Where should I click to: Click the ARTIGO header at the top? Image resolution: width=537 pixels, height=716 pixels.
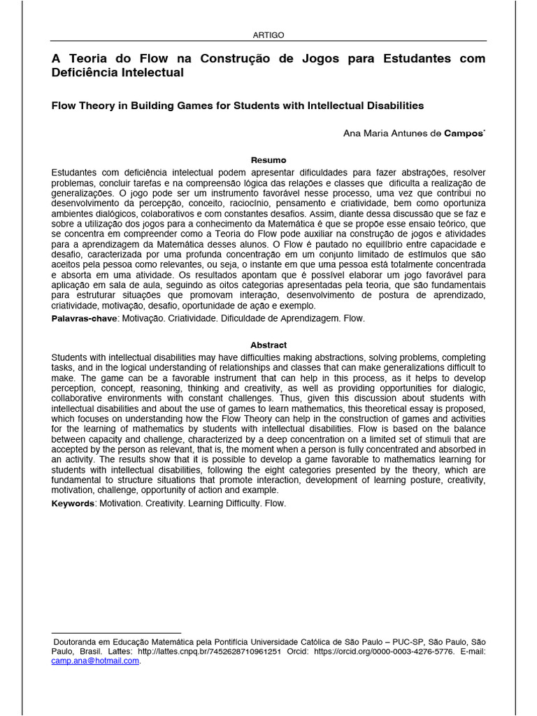coord(268,35)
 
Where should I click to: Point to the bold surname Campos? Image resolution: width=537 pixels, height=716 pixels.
coord(464,133)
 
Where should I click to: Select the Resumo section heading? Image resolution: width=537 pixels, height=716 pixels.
coord(268,160)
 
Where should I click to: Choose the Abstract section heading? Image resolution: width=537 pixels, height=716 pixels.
coord(268,345)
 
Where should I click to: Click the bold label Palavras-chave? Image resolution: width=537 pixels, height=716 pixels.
coord(84,318)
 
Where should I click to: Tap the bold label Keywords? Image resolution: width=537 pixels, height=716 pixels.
coord(73,503)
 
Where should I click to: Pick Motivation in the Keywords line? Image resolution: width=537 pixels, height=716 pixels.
coord(120,503)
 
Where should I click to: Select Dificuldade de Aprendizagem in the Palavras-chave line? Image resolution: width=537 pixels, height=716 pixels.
coord(280,318)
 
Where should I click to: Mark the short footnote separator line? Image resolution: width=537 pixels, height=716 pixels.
coord(116,633)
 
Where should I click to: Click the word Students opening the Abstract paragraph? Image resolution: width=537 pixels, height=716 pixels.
coord(71,357)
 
